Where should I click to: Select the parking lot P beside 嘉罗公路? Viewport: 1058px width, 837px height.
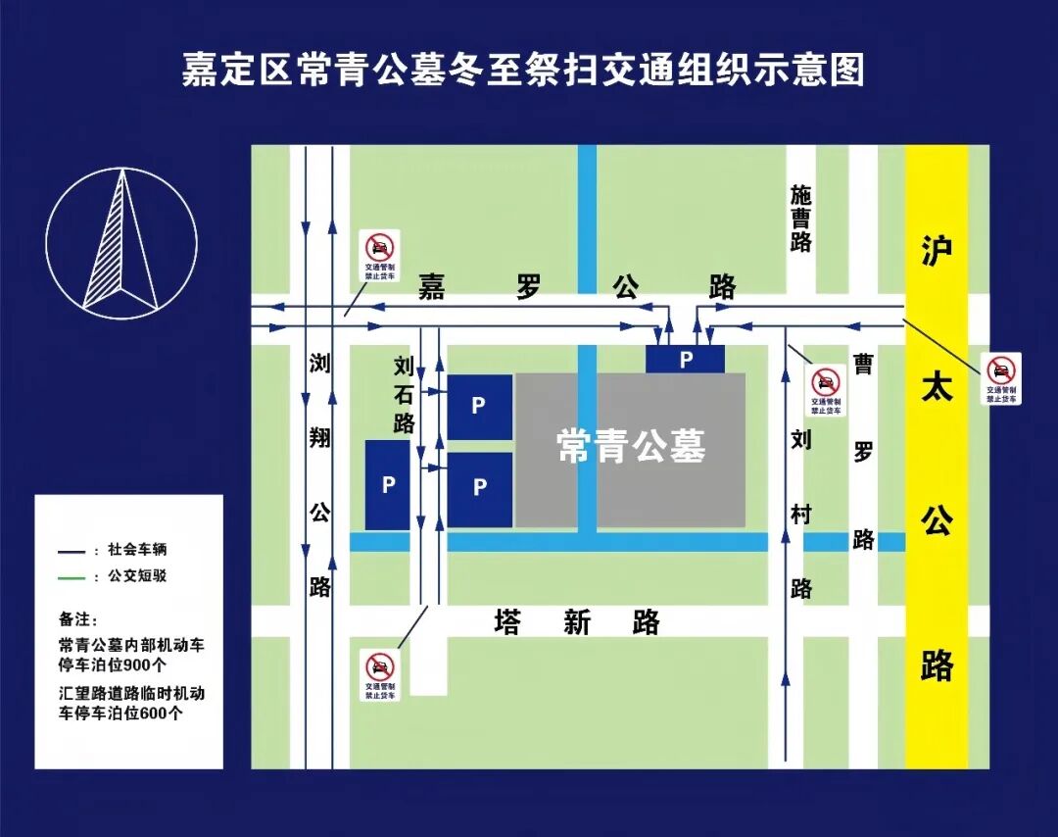click(686, 360)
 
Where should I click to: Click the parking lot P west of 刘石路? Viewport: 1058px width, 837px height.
click(388, 485)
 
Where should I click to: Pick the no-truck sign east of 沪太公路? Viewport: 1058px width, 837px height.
click(1001, 378)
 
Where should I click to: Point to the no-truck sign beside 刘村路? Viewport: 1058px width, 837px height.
click(826, 391)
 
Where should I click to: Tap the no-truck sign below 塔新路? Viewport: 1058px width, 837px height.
click(380, 675)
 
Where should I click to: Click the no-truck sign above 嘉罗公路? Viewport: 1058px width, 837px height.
click(380, 257)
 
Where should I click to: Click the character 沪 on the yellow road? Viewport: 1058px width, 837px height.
click(936, 252)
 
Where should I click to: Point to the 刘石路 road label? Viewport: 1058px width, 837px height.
click(404, 395)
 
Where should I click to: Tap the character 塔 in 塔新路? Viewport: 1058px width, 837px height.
click(507, 621)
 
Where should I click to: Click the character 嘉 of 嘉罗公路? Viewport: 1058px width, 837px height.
click(432, 287)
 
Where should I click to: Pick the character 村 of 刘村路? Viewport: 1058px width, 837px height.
click(801, 514)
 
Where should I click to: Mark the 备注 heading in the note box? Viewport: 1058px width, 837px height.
click(74, 619)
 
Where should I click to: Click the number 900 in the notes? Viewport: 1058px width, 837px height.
click(139, 665)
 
